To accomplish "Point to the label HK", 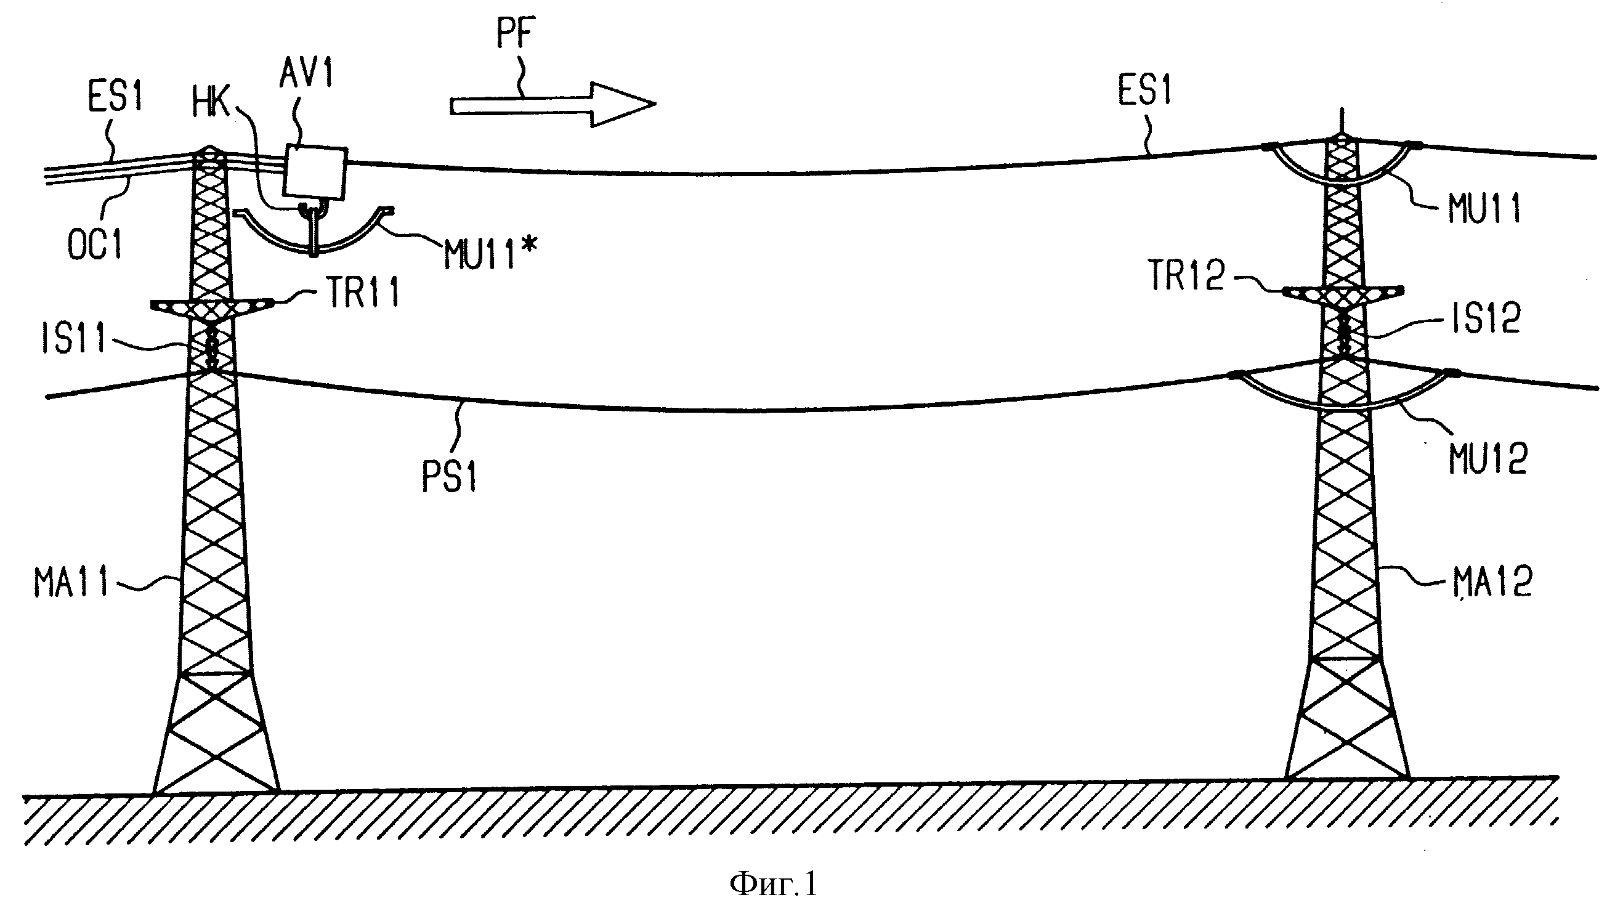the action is coord(212,101).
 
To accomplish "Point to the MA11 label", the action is coord(71,582).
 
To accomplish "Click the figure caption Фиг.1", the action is coord(773,883).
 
